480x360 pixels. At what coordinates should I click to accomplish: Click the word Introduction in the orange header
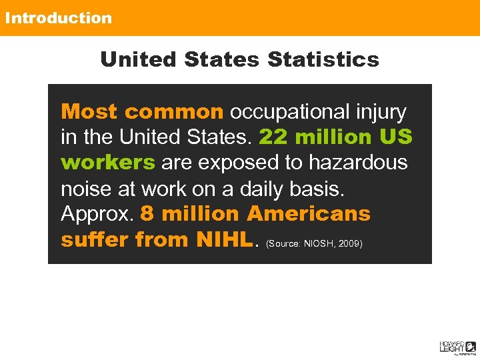[59, 18]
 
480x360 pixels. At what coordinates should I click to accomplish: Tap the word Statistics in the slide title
[323, 59]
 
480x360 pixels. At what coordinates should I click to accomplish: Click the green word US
[396, 137]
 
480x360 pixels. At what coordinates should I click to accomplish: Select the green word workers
[108, 163]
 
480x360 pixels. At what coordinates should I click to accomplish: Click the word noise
[86, 189]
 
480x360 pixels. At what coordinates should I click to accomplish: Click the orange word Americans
[309, 214]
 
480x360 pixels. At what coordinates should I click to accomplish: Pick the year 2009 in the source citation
[350, 244]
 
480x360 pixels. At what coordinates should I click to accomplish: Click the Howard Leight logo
[457, 346]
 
